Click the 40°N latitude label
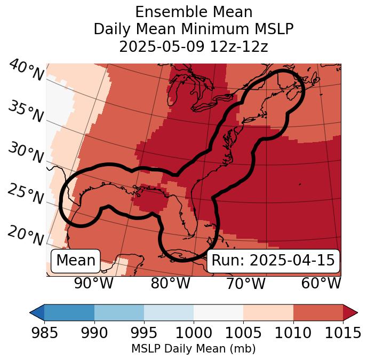(26, 71)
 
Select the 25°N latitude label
(25, 194)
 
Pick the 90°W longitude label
(94, 284)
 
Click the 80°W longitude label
(170, 284)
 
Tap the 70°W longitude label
(245, 284)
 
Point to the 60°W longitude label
(321, 284)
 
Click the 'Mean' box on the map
(76, 261)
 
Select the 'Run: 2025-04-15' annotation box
(273, 261)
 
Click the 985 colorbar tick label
(44, 333)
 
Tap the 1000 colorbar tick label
(194, 333)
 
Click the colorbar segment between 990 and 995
(119, 312)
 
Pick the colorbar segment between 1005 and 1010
(268, 312)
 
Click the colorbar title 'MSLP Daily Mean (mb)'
(194, 349)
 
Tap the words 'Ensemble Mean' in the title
(194, 12)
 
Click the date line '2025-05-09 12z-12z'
(194, 46)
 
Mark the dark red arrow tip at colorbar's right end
(352, 312)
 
